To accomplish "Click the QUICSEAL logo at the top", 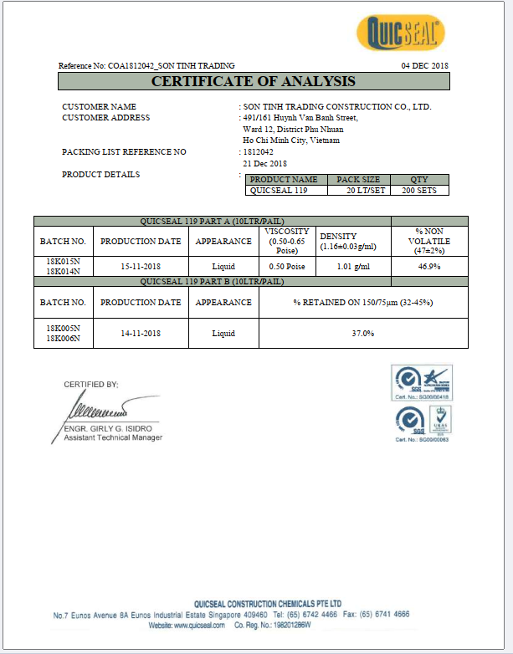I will click(x=400, y=33).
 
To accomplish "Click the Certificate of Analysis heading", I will click(x=254, y=81).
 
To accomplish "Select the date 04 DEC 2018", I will click(x=425, y=65).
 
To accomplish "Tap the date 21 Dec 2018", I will click(x=264, y=163).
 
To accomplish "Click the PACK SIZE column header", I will click(x=358, y=179).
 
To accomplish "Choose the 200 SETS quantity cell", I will click(x=419, y=190).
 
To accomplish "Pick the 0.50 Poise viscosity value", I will click(x=287, y=265).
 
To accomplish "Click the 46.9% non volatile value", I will click(x=429, y=265).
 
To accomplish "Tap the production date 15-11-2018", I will click(x=141, y=265).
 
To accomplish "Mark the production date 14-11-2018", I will click(x=141, y=333).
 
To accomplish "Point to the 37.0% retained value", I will click(x=362, y=333).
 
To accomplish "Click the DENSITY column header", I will click(x=338, y=237).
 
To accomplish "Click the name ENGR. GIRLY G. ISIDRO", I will click(x=109, y=429).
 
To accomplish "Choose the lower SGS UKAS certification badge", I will click(x=422, y=422).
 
